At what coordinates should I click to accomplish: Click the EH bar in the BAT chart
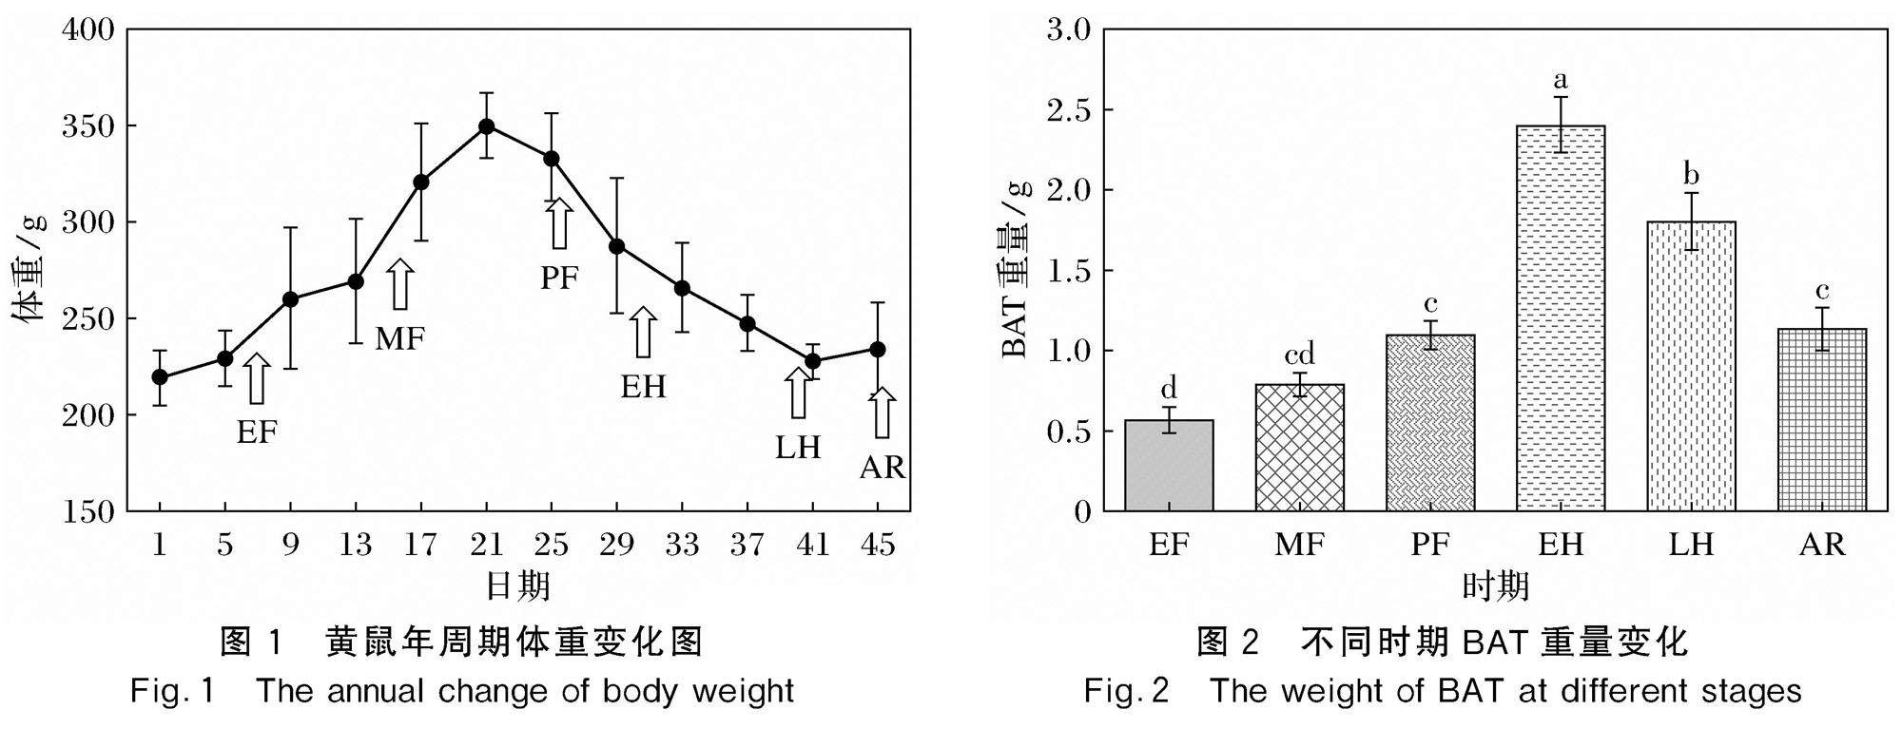point(1561,318)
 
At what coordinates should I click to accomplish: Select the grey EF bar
point(1169,466)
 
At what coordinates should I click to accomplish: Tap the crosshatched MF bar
point(1299,448)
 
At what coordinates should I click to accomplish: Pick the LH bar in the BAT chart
point(1691,366)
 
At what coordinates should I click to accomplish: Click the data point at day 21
point(486,125)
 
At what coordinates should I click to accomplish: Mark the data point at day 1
point(160,377)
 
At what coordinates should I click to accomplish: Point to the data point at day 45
point(878,350)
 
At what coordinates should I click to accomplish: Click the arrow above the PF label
point(559,222)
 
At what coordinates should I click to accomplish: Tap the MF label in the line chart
point(399,337)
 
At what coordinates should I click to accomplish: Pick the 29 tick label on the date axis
point(616,545)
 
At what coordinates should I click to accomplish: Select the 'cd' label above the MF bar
point(1299,355)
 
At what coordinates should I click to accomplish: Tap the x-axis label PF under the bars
point(1429,545)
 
